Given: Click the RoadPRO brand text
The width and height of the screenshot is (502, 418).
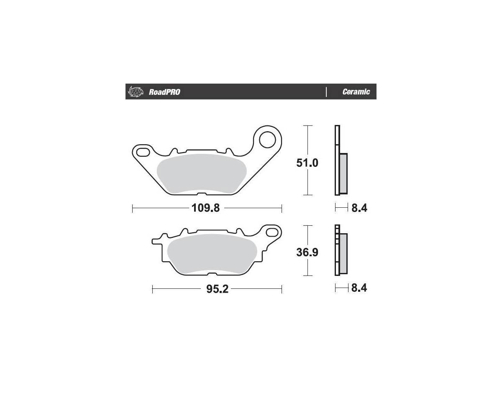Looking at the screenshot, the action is tap(164, 92).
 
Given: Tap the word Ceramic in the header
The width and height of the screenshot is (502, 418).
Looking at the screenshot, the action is tap(356, 92).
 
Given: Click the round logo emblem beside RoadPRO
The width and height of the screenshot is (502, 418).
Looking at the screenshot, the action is tap(136, 92).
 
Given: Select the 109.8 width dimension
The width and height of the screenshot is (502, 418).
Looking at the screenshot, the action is tap(205, 208).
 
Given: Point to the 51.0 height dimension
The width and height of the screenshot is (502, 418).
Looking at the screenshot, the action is tap(307, 163).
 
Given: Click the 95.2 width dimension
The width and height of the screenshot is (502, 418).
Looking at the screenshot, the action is tap(217, 289).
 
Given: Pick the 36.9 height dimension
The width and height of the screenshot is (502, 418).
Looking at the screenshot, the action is tap(307, 252).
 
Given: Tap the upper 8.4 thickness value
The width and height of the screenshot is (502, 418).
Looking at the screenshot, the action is tap(359, 208).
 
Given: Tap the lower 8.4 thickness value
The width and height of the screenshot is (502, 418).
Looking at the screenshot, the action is tap(359, 288).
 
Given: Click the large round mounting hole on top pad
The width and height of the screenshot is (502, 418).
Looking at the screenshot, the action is tap(267, 139).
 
